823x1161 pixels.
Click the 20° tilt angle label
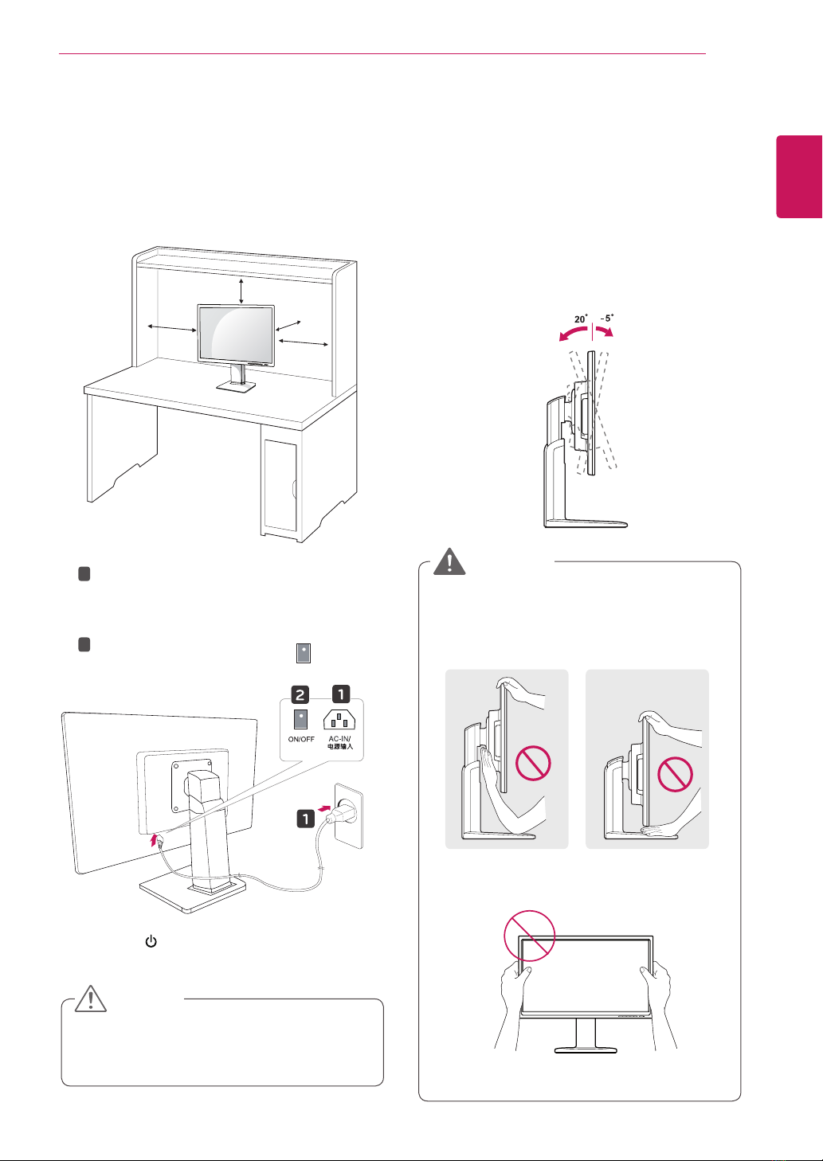tap(581, 319)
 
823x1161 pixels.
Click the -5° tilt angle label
tap(607, 318)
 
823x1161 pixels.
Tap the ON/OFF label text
tap(301, 739)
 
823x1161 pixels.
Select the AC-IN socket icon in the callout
tap(339, 720)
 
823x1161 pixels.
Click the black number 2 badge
tap(300, 694)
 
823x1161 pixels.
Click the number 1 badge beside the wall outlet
tap(305, 819)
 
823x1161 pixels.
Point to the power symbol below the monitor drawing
tap(151, 941)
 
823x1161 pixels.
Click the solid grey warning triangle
tap(449, 561)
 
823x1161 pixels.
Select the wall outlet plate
tap(348, 815)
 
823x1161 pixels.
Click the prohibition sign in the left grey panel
tap(532, 763)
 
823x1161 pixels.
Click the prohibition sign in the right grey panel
tap(675, 774)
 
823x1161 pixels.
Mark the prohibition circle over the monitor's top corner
tap(530, 936)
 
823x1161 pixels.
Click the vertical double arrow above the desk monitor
tap(241, 291)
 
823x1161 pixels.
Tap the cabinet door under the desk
tap(280, 486)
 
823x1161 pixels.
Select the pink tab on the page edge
tap(799, 177)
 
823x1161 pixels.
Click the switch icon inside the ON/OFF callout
tap(300, 719)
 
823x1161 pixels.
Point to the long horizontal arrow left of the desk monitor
tap(172, 328)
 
